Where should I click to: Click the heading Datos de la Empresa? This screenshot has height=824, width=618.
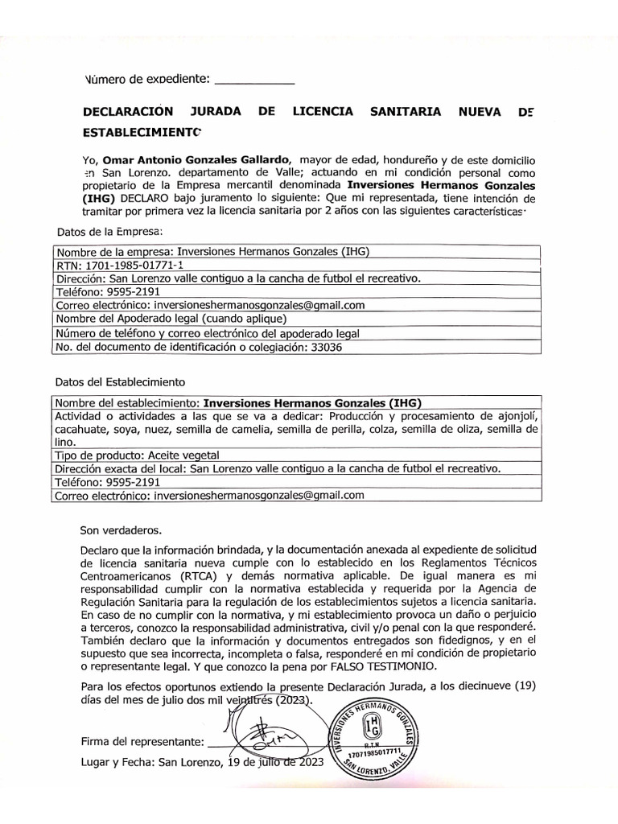[x=109, y=231]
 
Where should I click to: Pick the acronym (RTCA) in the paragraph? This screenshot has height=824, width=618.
[x=194, y=577]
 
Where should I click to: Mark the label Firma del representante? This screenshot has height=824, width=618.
[x=142, y=740]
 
